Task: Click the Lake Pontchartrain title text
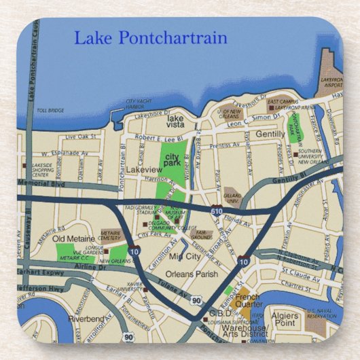click(x=150, y=37)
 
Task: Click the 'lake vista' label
click(x=179, y=122)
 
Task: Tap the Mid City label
click(x=185, y=256)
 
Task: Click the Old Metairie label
click(x=72, y=238)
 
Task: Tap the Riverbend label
click(x=84, y=318)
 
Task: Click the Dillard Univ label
click(x=233, y=199)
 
